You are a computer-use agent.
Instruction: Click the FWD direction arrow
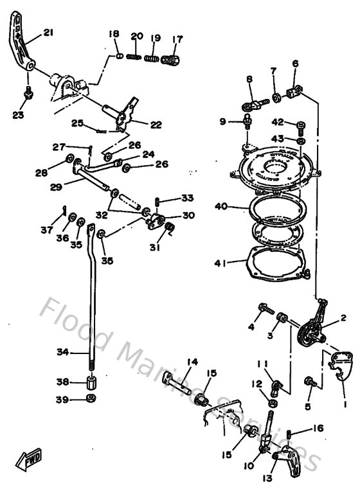30,459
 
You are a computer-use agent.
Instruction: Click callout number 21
50,32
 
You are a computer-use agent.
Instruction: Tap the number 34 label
61,352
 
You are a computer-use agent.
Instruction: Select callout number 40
222,206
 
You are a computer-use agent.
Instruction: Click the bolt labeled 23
28,94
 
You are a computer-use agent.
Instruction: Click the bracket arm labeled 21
21,45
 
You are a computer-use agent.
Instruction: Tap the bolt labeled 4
264,309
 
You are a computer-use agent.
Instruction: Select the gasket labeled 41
277,263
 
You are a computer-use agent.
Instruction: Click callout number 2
343,317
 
